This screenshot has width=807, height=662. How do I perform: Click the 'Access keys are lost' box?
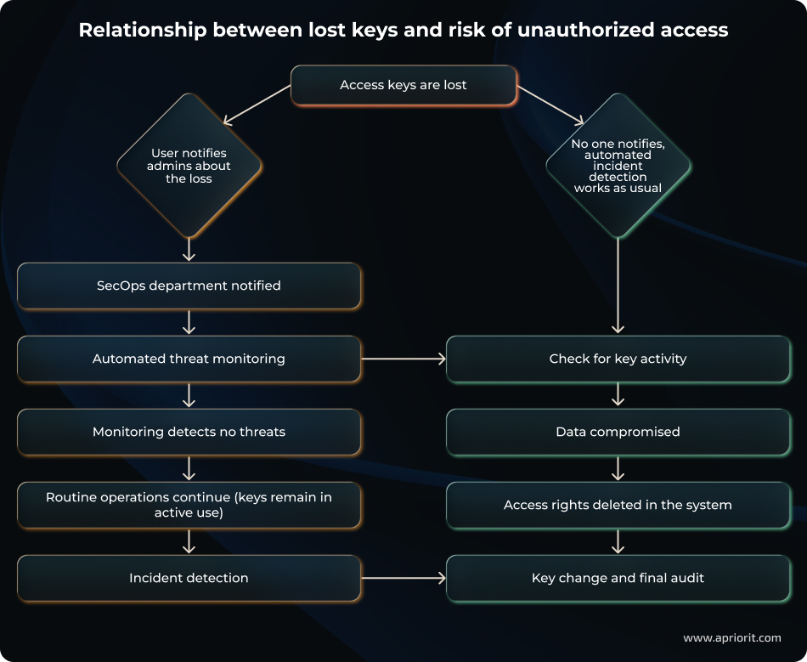pyautogui.click(x=403, y=85)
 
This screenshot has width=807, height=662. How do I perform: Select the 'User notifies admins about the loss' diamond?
pyautogui.click(x=189, y=166)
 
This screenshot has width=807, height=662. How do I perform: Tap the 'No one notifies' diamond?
pyautogui.click(x=618, y=166)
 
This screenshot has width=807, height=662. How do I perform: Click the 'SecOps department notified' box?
pyautogui.click(x=189, y=286)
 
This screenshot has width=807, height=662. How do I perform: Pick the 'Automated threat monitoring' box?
pyautogui.click(x=189, y=359)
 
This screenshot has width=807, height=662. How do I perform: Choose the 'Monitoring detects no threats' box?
pyautogui.click(x=189, y=432)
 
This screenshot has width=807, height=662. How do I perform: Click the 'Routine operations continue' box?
pyautogui.click(x=189, y=505)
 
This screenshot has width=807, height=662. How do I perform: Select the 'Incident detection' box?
pyautogui.click(x=189, y=578)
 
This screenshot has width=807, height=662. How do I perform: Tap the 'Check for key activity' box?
pyautogui.click(x=618, y=359)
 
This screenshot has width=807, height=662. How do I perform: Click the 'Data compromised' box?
pyautogui.click(x=618, y=432)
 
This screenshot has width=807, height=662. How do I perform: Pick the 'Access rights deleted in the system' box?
pyautogui.click(x=618, y=505)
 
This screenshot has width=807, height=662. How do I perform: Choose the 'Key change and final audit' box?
pyautogui.click(x=618, y=578)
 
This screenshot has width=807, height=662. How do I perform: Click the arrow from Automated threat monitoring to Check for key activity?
pyautogui.click(x=403, y=359)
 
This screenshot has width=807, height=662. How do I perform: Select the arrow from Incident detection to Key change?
pyautogui.click(x=403, y=578)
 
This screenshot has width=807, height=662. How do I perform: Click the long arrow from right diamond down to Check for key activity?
pyautogui.click(x=618, y=285)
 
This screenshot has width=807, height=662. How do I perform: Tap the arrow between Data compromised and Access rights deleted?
pyautogui.click(x=618, y=468)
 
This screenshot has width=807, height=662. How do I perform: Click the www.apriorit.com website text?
pyautogui.click(x=731, y=637)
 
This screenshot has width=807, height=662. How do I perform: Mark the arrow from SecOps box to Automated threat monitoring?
pyautogui.click(x=189, y=322)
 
